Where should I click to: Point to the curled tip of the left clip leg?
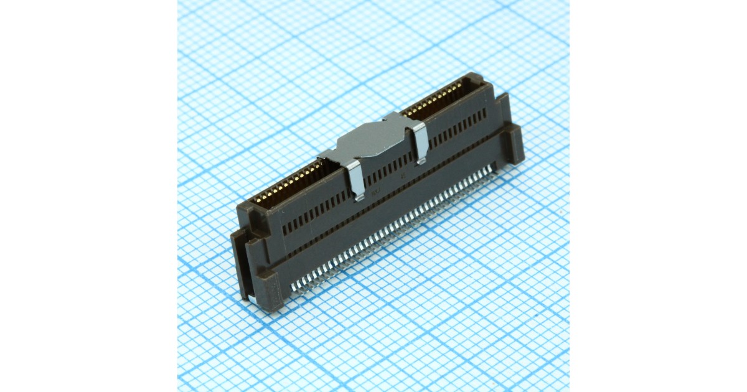coord(357,198)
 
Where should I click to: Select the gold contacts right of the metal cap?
coord(436,99)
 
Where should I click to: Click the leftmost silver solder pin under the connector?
coord(294,287)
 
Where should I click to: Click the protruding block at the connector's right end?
coord(514,143)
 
